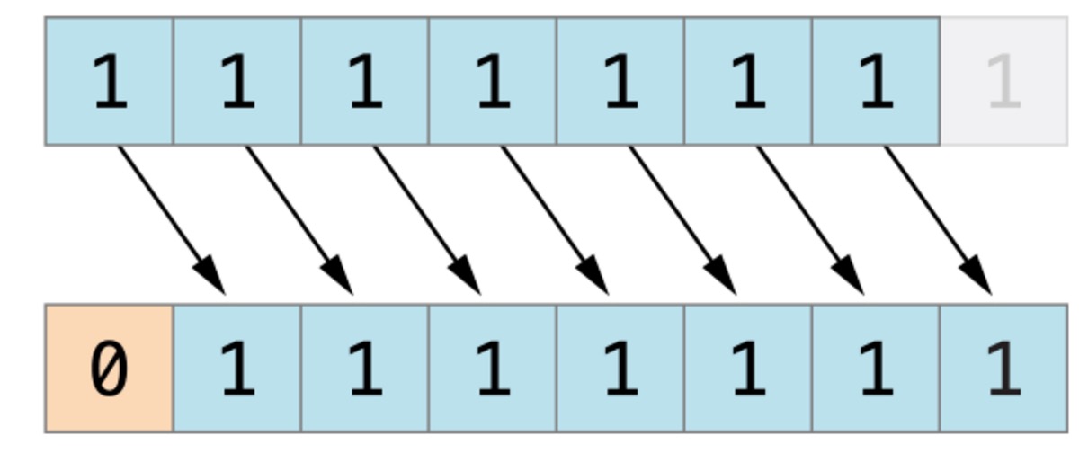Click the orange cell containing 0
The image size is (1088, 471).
109,369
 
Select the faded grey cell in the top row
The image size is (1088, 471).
1003,81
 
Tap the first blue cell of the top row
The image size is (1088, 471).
109,81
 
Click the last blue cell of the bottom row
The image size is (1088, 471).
1003,369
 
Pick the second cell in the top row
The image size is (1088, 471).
236,81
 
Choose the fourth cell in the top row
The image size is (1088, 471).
492,81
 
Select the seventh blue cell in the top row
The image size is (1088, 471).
876,81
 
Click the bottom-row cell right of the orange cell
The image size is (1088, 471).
236,369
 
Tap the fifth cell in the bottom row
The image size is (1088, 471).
620,369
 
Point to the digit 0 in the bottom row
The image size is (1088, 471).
109,369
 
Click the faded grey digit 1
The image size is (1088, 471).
1003,82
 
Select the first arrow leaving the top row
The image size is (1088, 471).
171,219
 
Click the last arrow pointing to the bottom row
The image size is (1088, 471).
937,219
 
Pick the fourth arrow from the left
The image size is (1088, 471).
554,219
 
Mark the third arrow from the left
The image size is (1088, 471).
426,219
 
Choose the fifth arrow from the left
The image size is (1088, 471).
682,219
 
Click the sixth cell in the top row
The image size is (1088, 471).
747,81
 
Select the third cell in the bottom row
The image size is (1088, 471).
364,369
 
